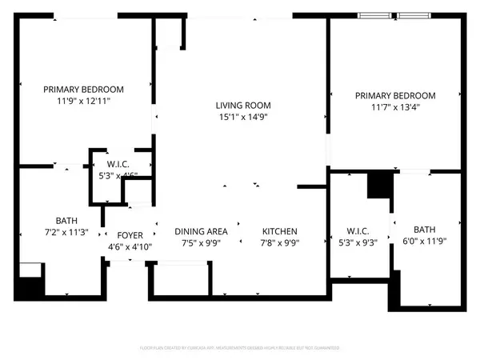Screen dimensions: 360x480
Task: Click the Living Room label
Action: pyautogui.click(x=242, y=106)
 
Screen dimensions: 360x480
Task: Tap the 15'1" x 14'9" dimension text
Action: pyautogui.click(x=242, y=118)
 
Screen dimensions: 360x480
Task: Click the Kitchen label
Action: pyautogui.click(x=279, y=230)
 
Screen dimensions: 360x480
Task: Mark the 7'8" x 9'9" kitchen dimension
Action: pyautogui.click(x=279, y=243)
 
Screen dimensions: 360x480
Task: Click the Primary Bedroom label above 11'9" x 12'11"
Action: pyautogui.click(x=84, y=90)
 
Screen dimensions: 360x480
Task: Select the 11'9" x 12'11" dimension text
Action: pyautogui.click(x=84, y=102)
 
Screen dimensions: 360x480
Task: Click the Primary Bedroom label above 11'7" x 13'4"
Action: pyautogui.click(x=395, y=95)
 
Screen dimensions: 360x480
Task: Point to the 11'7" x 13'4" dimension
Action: pyautogui.click(x=395, y=107)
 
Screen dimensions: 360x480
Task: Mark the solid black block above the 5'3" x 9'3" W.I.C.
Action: pyautogui.click(x=378, y=186)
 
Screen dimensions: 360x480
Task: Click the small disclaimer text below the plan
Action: pyautogui.click(x=240, y=349)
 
